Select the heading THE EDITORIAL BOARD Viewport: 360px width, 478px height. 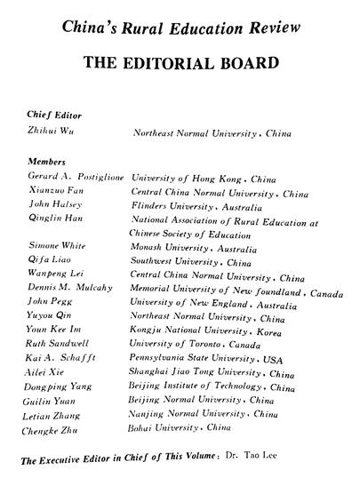[x=180, y=64]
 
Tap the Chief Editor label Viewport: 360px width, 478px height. [x=55, y=115]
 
